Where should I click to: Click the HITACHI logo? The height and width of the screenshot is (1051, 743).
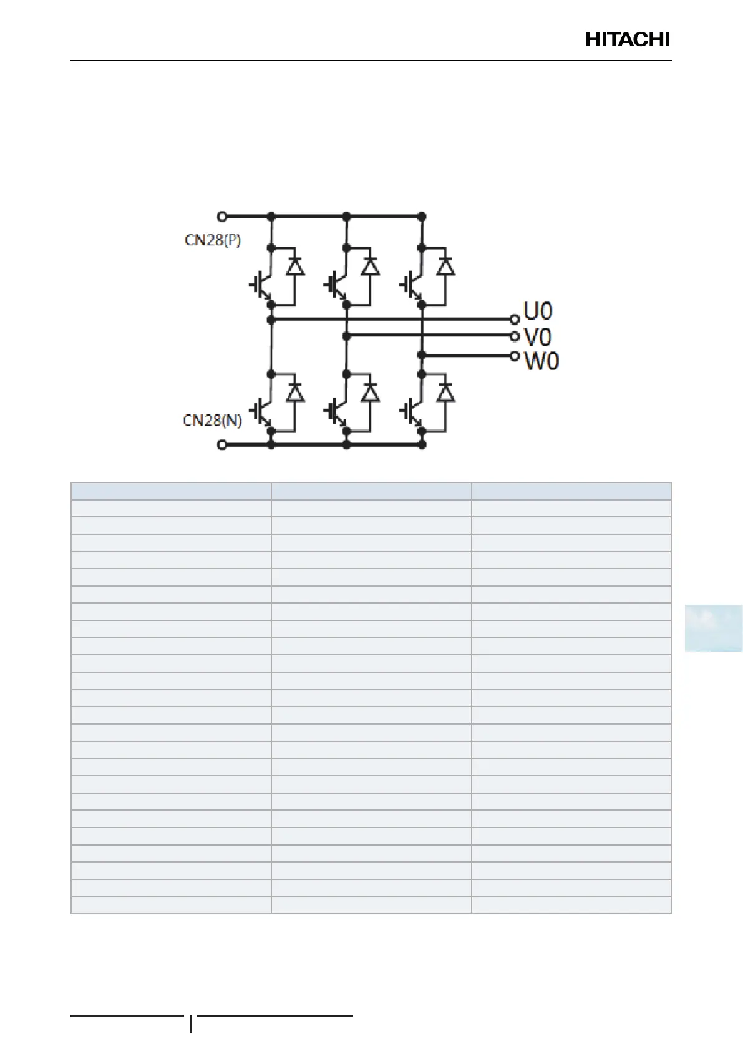pyautogui.click(x=627, y=40)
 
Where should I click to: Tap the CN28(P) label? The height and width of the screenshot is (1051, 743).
pyautogui.click(x=213, y=240)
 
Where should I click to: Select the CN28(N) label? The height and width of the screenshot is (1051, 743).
pyautogui.click(x=212, y=421)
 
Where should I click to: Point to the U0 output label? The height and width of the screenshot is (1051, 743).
pyautogui.click(x=538, y=311)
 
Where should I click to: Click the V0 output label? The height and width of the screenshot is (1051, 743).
pyautogui.click(x=538, y=337)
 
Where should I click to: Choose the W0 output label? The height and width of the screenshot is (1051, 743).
pyautogui.click(x=541, y=361)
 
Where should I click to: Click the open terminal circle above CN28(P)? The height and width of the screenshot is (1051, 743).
pyautogui.click(x=221, y=217)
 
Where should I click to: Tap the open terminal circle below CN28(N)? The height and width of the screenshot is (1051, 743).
pyautogui.click(x=221, y=445)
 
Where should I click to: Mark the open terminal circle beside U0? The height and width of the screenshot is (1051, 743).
pyautogui.click(x=515, y=320)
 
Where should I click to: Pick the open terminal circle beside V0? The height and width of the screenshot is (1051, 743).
pyautogui.click(x=515, y=336)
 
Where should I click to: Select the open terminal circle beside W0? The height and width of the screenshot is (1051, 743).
pyautogui.click(x=515, y=356)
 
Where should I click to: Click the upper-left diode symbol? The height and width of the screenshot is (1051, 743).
pyautogui.click(x=295, y=266)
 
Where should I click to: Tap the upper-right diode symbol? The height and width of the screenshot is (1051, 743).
pyautogui.click(x=445, y=266)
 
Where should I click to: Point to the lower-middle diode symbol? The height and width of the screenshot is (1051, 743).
pyautogui.click(x=371, y=392)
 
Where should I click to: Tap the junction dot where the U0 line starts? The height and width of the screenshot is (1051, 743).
pyautogui.click(x=271, y=320)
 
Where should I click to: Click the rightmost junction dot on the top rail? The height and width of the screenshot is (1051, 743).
pyautogui.click(x=422, y=217)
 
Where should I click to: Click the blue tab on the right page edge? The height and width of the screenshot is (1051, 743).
pyautogui.click(x=713, y=627)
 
